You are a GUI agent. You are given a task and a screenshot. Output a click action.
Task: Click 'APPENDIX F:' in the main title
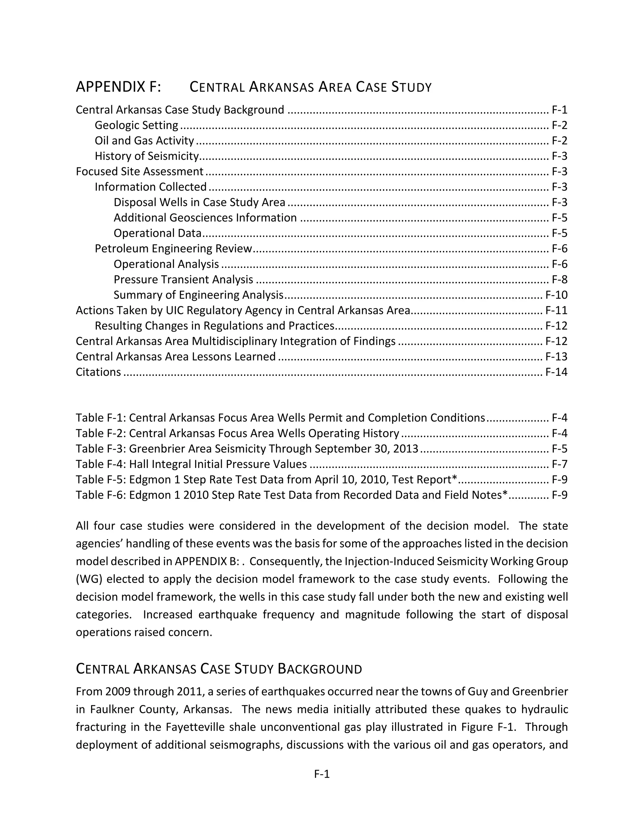118,87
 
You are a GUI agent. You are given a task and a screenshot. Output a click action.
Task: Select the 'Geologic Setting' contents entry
136,125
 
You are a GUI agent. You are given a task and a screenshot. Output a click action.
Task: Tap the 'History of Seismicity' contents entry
147,156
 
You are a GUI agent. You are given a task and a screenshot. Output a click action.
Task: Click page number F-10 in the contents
556,295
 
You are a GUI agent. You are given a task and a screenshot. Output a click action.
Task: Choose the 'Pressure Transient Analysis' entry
183,279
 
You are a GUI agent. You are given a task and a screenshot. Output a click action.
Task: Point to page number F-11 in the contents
556,310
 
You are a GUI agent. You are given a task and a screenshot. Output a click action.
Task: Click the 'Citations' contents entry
98,372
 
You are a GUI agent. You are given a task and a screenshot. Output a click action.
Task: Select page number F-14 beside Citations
556,372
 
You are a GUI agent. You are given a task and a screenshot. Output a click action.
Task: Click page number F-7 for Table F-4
559,464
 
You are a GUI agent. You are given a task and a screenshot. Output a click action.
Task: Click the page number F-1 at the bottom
322,774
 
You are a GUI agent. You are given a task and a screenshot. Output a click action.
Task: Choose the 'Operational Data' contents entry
157,233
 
